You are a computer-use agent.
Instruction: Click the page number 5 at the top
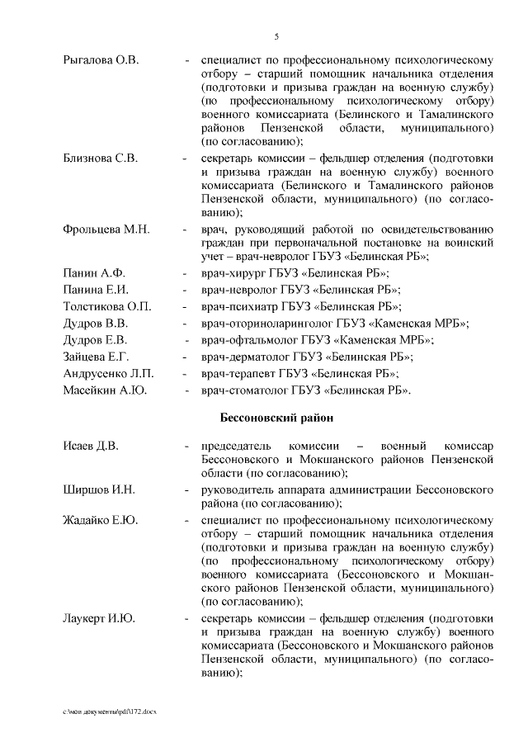[276, 36]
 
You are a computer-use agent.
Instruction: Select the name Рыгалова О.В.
[101, 60]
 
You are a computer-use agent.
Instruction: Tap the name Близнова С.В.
[100, 158]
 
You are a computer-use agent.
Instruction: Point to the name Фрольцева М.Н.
[106, 229]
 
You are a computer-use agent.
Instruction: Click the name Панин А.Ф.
[93, 273]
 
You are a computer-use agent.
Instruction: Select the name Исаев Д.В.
[91, 447]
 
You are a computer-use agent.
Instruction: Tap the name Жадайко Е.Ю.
[100, 521]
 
